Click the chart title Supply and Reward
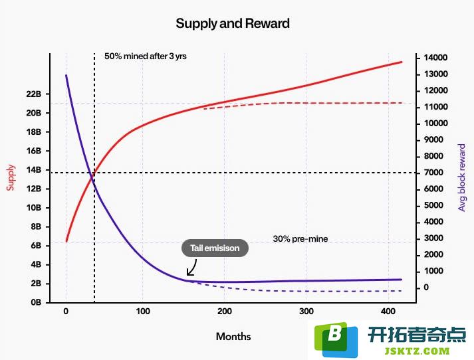(233, 23)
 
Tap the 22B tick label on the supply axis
(33, 94)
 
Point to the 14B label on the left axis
(33, 170)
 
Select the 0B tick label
(36, 302)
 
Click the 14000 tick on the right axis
(435, 58)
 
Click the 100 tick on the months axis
(143, 312)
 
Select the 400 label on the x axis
(388, 312)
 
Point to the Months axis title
(233, 337)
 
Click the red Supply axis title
(11, 177)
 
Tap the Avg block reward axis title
(461, 177)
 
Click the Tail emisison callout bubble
(215, 248)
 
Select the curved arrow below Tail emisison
(193, 269)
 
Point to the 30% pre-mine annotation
(300, 239)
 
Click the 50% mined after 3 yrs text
(146, 56)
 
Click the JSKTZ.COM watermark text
(417, 351)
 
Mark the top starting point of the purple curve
(66, 75)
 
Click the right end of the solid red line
(402, 62)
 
